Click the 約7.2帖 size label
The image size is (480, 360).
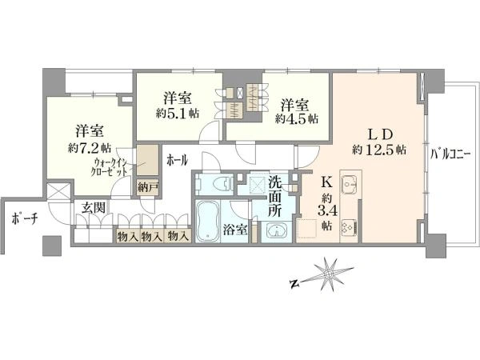(89, 148)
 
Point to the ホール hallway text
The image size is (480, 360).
(177, 160)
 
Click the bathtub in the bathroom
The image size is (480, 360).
(207, 222)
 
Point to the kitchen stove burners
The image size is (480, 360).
(349, 228)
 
